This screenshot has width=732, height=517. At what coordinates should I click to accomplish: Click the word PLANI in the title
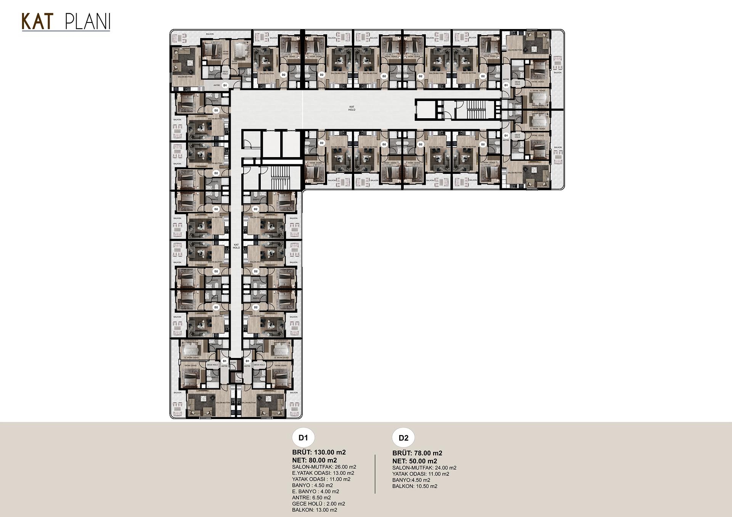point(88,22)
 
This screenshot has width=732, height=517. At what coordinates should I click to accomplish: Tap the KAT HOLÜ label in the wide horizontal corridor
point(352,108)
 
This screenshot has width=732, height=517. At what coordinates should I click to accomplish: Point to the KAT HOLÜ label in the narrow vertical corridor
point(236,246)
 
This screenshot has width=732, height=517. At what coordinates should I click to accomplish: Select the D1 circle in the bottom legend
point(303,438)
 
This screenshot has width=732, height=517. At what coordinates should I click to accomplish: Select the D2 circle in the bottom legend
point(403,438)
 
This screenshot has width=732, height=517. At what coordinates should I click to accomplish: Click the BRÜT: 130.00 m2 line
point(319,452)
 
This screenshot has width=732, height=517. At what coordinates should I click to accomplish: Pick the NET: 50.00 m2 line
point(415,461)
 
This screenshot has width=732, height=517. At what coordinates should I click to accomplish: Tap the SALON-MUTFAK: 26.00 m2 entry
point(324,467)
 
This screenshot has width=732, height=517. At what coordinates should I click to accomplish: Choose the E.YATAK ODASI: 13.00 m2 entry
point(323,473)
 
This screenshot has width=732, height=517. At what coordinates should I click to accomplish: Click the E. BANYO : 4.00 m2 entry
point(315,491)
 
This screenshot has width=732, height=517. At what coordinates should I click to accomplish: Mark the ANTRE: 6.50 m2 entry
point(311,498)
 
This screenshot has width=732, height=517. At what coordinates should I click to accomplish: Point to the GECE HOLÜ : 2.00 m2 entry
point(318,504)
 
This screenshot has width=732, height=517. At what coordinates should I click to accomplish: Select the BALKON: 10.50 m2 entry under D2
point(415,486)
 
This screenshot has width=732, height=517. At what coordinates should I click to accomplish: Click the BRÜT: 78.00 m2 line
point(417,453)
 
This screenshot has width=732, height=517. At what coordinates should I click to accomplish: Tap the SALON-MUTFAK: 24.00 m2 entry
point(424,468)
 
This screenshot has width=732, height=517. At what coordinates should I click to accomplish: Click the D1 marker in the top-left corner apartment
point(225,85)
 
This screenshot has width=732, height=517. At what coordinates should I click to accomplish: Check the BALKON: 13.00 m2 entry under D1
point(315,510)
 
